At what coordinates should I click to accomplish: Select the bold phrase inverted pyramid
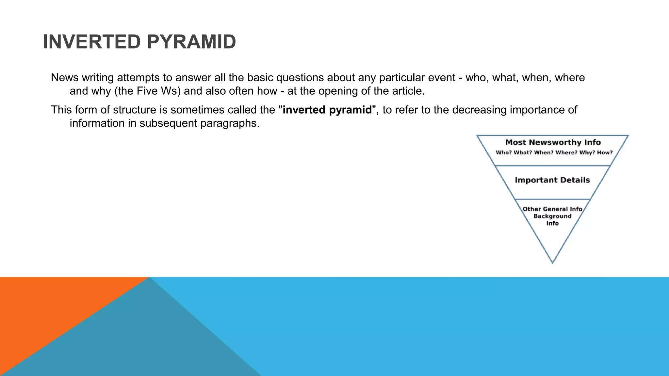click(x=327, y=110)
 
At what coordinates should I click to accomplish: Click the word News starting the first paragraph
click(x=65, y=78)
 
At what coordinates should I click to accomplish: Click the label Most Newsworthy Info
click(x=553, y=142)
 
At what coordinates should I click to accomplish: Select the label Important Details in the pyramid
click(x=552, y=180)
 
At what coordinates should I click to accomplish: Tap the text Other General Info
click(x=552, y=209)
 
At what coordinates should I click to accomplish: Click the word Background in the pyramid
click(x=552, y=216)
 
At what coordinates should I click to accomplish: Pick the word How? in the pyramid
click(x=605, y=153)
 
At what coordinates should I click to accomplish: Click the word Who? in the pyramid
click(x=503, y=153)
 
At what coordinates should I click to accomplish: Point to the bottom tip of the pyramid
click(x=552, y=262)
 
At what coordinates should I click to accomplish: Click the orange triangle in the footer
click(x=49, y=304)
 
